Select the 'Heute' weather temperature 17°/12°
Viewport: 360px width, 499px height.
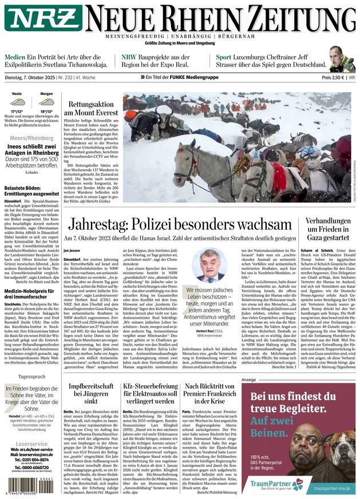(17, 112)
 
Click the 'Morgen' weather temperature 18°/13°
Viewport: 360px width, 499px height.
(46, 112)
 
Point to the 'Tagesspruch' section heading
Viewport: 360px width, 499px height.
(30, 377)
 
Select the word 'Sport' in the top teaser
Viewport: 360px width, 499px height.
(224, 57)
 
